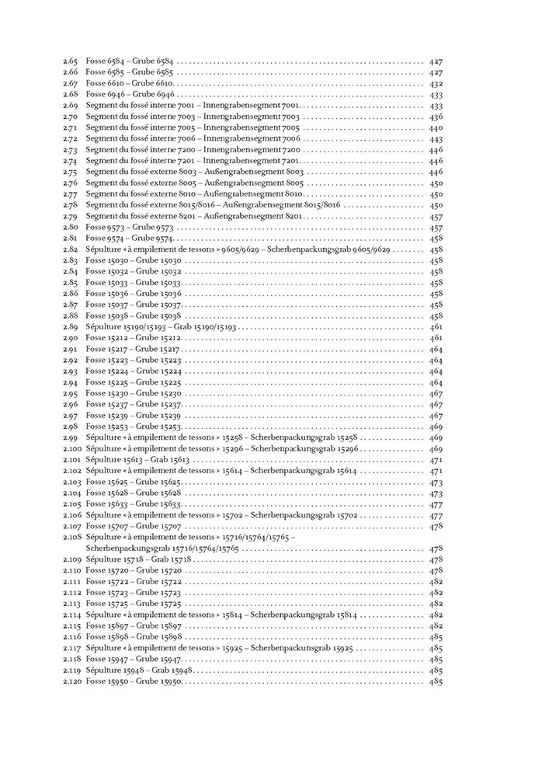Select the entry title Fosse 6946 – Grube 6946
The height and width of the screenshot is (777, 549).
pos(130,94)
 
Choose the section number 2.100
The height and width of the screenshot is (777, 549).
pos(72,449)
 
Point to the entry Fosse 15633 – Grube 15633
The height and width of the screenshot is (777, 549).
pos(133,504)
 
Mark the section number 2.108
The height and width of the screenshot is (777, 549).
pos(72,538)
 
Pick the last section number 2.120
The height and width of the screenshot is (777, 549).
pos(72,681)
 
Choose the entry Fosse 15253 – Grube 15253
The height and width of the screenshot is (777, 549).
pos(133,427)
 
